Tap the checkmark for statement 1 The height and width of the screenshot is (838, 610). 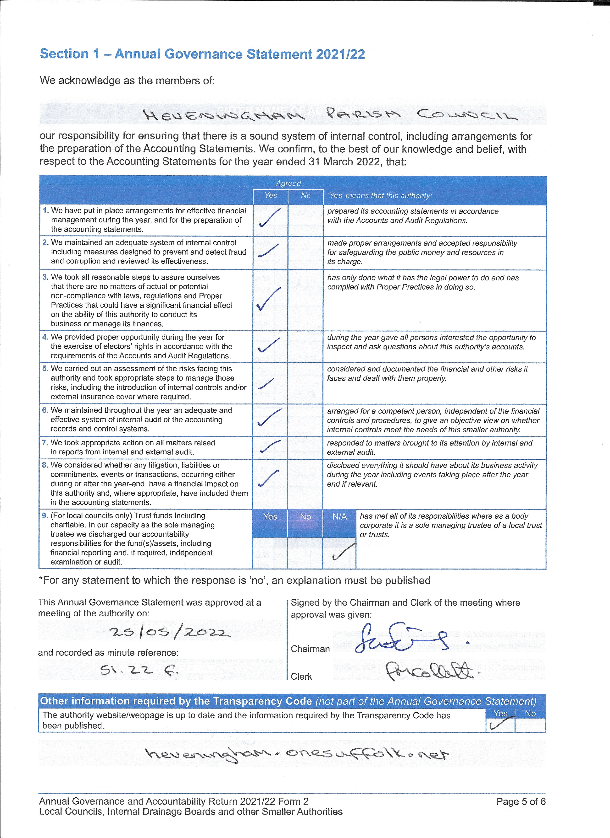click(x=270, y=218)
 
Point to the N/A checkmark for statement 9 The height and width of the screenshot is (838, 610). click(x=344, y=552)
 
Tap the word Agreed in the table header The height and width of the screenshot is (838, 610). click(x=288, y=183)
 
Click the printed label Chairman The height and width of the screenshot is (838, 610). click(x=310, y=649)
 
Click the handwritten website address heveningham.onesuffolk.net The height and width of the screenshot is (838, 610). click(x=297, y=753)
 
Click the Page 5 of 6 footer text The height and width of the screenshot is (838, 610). click(x=521, y=801)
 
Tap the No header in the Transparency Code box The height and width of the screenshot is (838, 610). click(x=530, y=714)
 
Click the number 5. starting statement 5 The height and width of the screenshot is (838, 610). click(x=45, y=368)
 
